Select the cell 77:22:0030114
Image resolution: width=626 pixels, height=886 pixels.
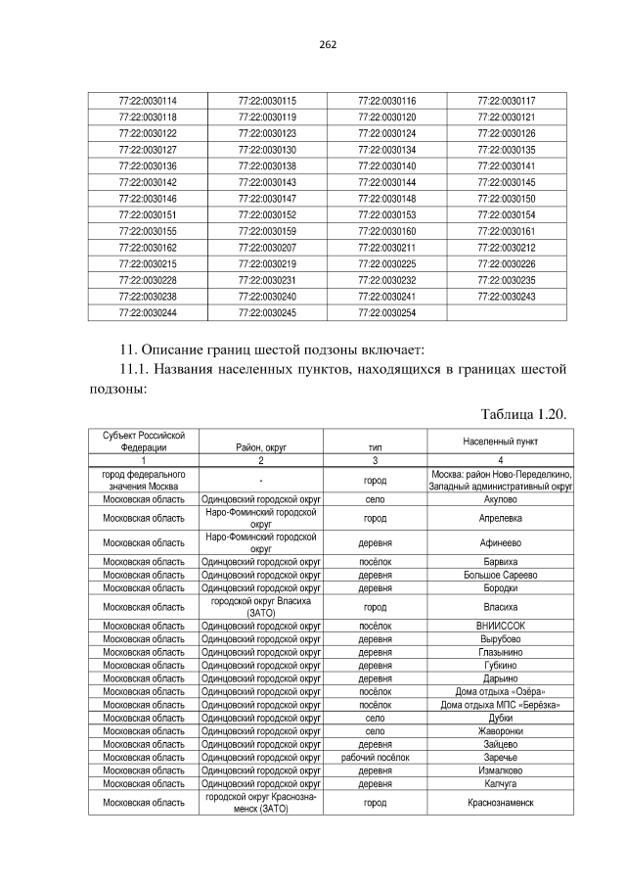147,101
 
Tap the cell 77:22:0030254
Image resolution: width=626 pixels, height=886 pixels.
386,312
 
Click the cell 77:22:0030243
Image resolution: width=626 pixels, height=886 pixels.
506,296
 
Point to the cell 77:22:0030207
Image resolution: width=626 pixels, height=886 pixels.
266,247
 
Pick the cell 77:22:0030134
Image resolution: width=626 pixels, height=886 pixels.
386,150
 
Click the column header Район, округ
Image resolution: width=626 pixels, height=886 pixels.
260,446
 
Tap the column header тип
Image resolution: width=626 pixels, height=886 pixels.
374,446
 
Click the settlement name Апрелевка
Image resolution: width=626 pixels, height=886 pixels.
501,517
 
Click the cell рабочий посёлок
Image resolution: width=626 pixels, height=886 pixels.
374,756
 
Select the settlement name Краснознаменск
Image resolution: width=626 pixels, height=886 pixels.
501,802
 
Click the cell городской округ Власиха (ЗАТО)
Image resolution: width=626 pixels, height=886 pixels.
260,606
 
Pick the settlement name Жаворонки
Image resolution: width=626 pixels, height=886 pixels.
501,730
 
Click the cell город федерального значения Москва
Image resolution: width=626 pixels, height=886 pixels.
144,480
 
